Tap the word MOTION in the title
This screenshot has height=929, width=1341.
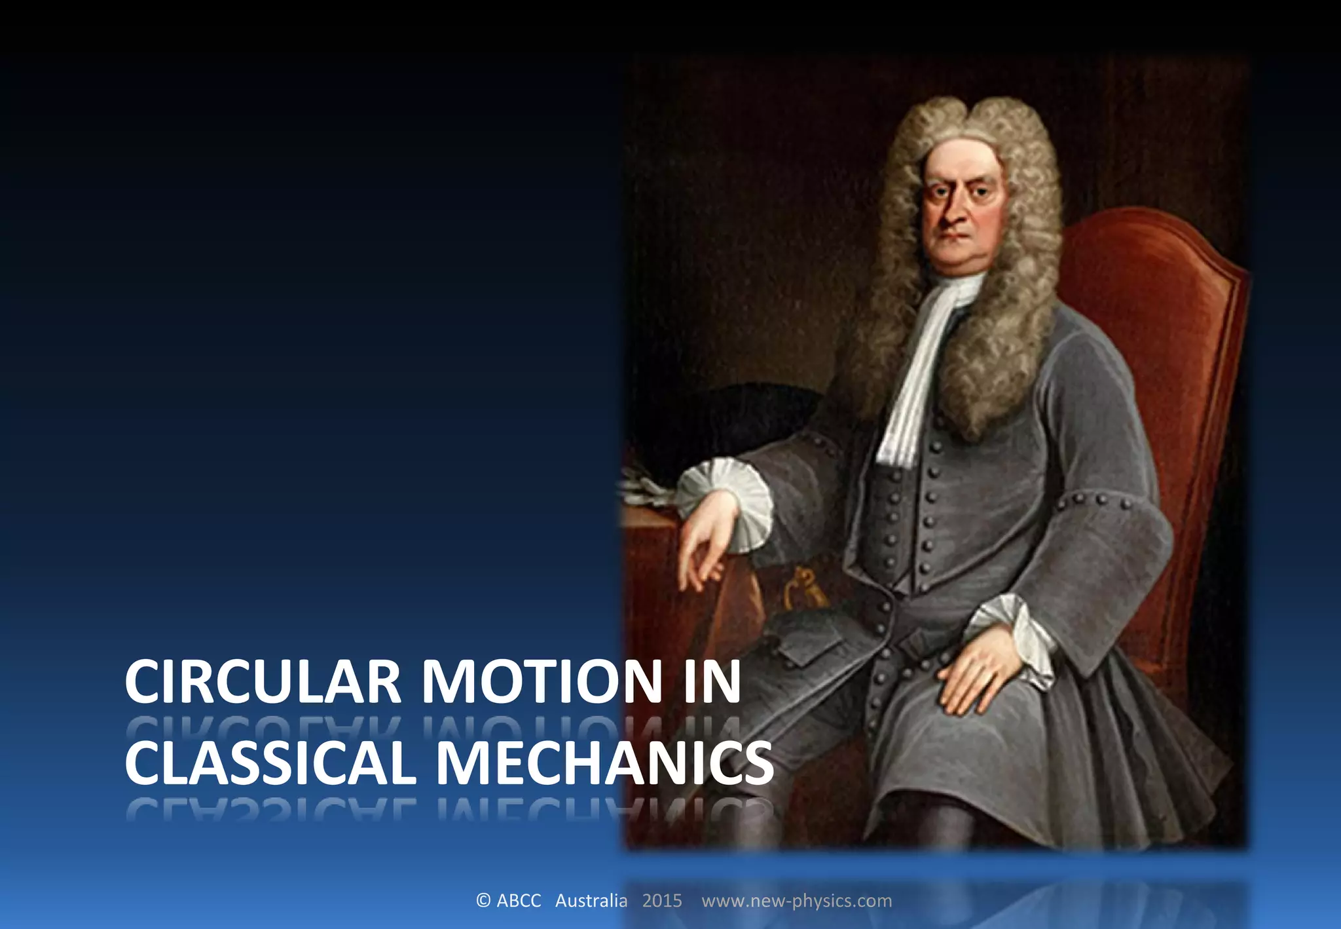(542, 681)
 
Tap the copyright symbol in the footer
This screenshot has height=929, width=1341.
(483, 901)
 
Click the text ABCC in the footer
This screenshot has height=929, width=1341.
(519, 901)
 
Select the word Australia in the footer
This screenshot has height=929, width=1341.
(591, 901)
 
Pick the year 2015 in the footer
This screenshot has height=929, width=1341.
(662, 901)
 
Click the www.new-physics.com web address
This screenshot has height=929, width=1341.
(796, 901)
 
